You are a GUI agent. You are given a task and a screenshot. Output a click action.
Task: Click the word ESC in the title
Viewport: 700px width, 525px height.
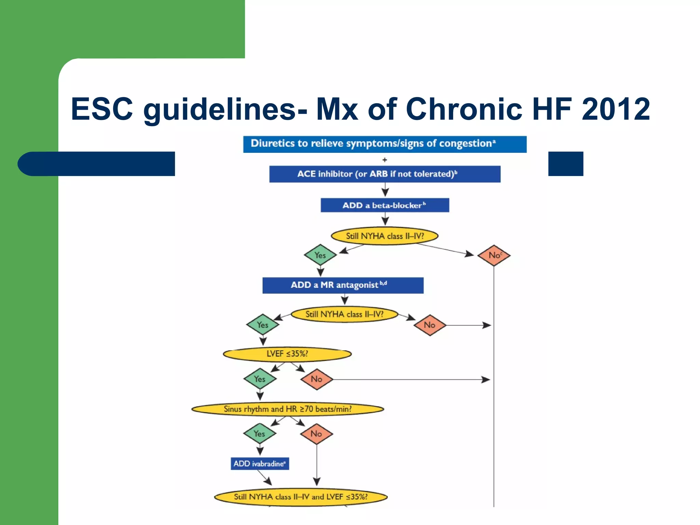tap(102, 109)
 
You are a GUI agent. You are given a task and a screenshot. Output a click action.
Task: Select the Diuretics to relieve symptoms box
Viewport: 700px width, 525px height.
tap(385, 144)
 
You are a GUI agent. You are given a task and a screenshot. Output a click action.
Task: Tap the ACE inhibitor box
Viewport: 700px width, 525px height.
tap(385, 174)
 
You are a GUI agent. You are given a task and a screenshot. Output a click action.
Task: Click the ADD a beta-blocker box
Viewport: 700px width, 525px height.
tap(385, 205)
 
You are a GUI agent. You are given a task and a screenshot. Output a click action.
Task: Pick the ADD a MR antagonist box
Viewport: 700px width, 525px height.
tap(342, 285)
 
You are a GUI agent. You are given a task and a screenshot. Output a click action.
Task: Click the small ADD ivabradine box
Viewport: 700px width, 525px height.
tap(259, 463)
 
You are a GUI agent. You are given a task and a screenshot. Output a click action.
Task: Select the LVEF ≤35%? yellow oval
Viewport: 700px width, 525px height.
tap(287, 354)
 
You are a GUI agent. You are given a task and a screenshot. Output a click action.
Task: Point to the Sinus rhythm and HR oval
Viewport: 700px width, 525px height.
tap(287, 409)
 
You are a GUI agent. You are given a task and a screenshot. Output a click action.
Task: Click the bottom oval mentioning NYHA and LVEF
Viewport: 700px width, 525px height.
tap(300, 497)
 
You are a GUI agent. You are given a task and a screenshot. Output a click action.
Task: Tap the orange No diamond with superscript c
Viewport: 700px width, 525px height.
tap(494, 255)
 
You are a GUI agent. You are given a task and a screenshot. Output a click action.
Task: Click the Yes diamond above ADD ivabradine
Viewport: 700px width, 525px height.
tap(259, 433)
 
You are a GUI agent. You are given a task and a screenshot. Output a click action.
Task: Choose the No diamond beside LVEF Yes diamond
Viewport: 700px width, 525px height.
tap(317, 379)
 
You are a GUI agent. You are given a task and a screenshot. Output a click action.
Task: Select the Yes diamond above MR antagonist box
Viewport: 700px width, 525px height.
tap(320, 255)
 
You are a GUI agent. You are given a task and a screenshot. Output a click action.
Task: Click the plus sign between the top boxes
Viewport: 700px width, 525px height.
tap(385, 160)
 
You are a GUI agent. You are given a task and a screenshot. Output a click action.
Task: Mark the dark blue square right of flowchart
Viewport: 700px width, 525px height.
tap(565, 164)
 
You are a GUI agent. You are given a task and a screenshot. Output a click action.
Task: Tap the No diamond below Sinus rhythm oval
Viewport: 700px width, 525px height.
tap(316, 433)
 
